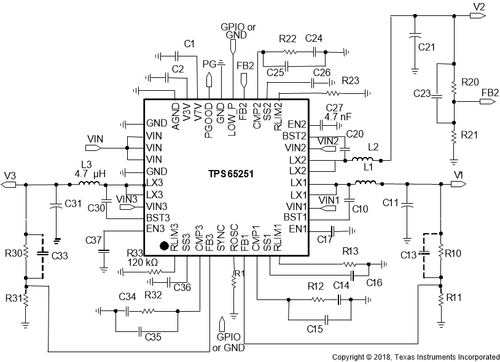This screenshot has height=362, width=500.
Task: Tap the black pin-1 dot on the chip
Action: point(164,247)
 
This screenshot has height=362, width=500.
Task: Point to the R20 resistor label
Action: point(470,82)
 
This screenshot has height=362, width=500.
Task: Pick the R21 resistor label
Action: point(470,134)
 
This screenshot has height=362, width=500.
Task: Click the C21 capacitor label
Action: point(426,47)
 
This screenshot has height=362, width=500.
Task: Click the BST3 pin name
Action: point(156,217)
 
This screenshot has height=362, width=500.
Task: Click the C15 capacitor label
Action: point(316,329)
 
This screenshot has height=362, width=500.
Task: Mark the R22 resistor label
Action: point(287,38)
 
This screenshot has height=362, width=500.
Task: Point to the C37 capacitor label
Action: point(94,239)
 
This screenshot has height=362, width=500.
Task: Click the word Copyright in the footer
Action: point(352,356)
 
